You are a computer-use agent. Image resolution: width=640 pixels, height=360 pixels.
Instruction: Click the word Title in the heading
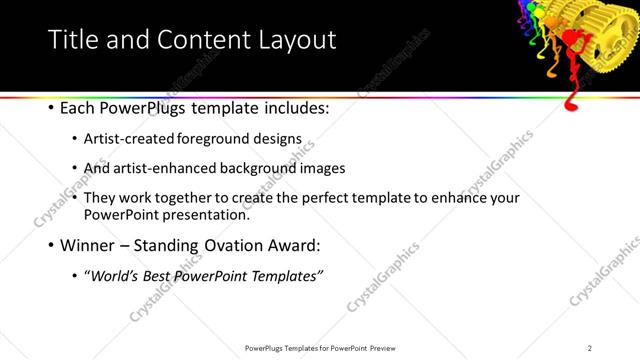point(72,39)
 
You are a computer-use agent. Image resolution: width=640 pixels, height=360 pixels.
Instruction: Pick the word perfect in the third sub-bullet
point(358,198)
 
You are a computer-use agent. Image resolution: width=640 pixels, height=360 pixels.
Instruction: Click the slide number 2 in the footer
point(590,348)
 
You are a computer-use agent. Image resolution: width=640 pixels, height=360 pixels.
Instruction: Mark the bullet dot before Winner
point(50,244)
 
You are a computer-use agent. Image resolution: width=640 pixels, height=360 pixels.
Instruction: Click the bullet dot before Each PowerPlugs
point(50,106)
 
